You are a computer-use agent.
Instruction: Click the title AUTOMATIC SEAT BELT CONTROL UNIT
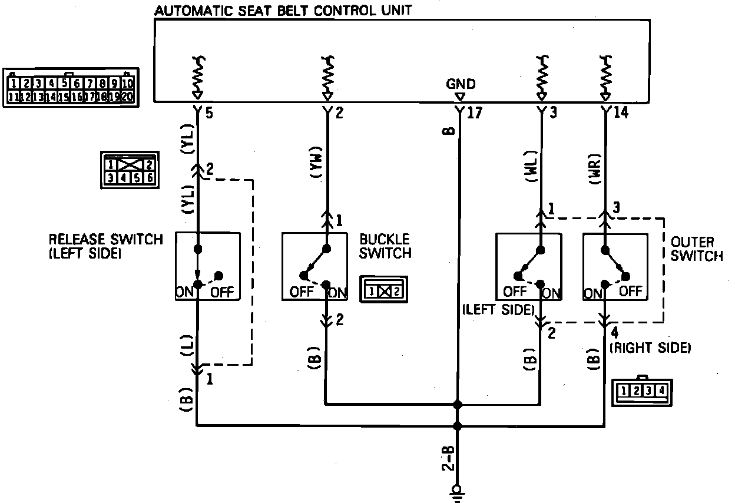pos(283,10)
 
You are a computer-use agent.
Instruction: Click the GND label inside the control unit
pos(461,84)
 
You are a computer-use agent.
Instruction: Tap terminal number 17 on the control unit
pos(474,112)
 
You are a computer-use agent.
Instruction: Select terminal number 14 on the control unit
pos(621,112)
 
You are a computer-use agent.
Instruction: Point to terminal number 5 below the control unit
pos(208,112)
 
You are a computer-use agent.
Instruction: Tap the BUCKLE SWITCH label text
pos(385,246)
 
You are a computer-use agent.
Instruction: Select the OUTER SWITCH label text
pos(697,249)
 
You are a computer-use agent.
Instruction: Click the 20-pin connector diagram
pos(71,88)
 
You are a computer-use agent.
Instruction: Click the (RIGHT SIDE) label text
pos(650,348)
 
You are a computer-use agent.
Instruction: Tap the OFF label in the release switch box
pos(222,292)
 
